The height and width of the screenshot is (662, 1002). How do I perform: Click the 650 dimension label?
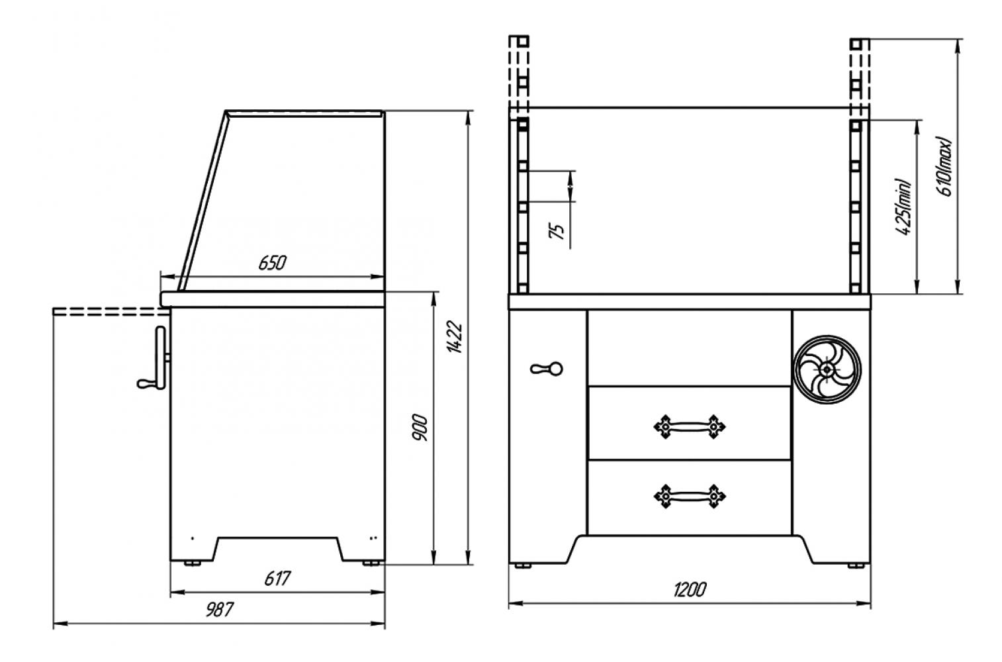point(272,263)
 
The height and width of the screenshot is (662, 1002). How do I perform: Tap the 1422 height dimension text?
point(455,337)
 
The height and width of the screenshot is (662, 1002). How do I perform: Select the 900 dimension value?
point(420,428)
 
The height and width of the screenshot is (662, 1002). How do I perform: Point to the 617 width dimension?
point(277,579)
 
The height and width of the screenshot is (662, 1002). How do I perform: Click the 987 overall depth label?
point(220,610)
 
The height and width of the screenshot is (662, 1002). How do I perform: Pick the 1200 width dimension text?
point(690,590)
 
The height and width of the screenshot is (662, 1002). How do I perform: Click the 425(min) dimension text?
point(903,207)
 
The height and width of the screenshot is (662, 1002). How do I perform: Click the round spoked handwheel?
point(827,369)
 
